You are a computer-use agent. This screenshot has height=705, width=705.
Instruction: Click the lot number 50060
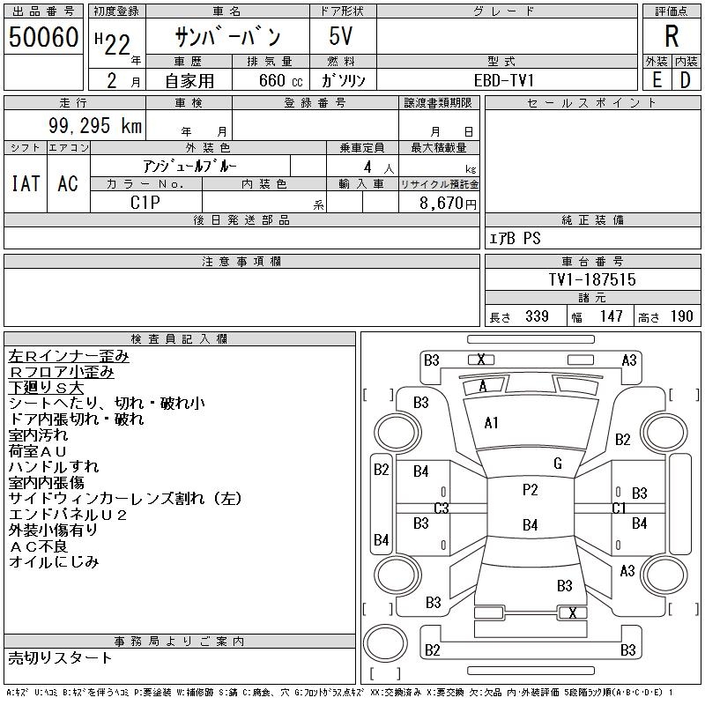[x=43, y=37]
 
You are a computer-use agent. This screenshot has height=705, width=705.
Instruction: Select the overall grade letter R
[x=672, y=36]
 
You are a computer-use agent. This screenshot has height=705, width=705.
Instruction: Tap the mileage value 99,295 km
[x=95, y=125]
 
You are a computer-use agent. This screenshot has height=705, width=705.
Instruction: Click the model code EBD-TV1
[x=504, y=80]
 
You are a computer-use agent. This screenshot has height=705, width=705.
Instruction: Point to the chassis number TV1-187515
[x=592, y=279]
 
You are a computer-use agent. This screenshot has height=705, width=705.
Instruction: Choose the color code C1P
[x=145, y=203]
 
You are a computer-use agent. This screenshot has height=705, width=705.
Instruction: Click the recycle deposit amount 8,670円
[x=448, y=204]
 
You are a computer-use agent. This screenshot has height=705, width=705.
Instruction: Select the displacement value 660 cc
[x=280, y=80]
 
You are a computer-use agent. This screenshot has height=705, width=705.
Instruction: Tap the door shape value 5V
[x=340, y=36]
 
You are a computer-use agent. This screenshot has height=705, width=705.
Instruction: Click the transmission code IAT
[x=26, y=183]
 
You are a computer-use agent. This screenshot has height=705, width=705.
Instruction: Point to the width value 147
[x=611, y=316]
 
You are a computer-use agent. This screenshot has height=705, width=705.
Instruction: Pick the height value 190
[x=681, y=316]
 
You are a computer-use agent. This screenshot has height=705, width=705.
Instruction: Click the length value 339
[x=537, y=316]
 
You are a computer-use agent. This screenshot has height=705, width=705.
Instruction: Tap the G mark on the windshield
[x=558, y=464]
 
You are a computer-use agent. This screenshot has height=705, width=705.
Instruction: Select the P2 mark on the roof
[x=531, y=490]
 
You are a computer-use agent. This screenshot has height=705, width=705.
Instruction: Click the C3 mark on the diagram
[x=442, y=508]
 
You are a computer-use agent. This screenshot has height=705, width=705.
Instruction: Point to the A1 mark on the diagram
[x=491, y=423]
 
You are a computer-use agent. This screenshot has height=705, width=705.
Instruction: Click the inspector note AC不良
[x=38, y=546]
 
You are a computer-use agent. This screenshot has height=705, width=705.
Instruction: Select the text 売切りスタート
[x=60, y=658]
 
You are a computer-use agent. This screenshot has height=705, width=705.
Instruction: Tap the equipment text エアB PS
[x=515, y=238]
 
